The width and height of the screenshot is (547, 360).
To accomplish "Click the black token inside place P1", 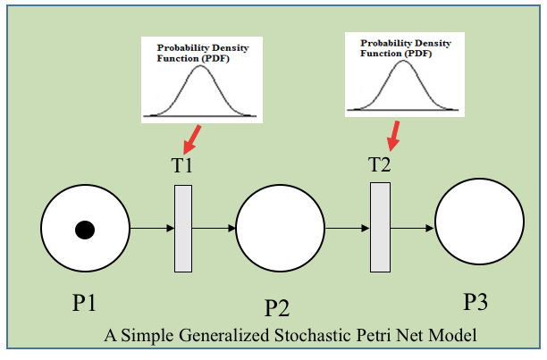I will pyautogui.click(x=84, y=230).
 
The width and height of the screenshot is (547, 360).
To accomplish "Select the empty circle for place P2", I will pyautogui.click(x=280, y=230).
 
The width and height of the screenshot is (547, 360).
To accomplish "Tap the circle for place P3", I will pyautogui.click(x=479, y=223).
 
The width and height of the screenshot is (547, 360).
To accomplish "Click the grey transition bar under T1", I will pyautogui.click(x=183, y=228).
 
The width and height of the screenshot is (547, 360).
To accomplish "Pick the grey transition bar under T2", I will pyautogui.click(x=380, y=227).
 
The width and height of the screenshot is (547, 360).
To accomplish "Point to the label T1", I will pyautogui.click(x=182, y=166).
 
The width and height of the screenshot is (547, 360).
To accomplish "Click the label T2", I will pyautogui.click(x=380, y=164).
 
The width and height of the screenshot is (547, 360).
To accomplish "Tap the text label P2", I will pyautogui.click(x=277, y=308).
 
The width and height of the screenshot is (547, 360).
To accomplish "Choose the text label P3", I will pyautogui.click(x=475, y=302).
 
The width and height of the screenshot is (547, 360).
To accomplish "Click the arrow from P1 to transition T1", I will pyautogui.click(x=151, y=229).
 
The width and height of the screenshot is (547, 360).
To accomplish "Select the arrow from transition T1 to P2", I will pyautogui.click(x=215, y=229).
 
